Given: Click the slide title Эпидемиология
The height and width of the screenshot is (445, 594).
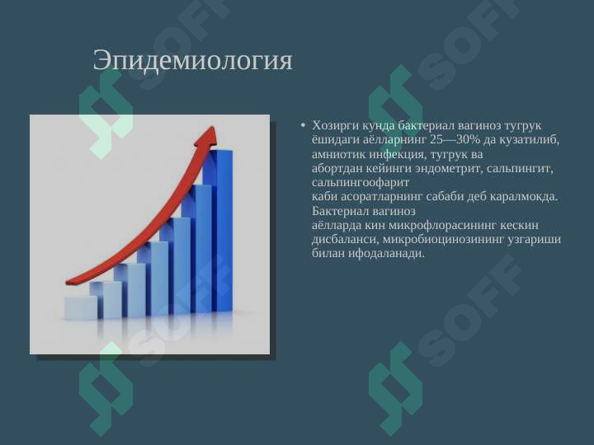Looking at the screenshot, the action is pyautogui.click(x=193, y=60).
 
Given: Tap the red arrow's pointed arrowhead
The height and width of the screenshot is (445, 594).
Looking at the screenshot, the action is pyautogui.click(x=208, y=136).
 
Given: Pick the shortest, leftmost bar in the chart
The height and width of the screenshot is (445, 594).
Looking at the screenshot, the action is pyautogui.click(x=81, y=308).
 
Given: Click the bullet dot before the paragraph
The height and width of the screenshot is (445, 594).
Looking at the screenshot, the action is pyautogui.click(x=303, y=125).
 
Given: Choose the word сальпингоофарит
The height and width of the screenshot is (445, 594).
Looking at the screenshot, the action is pyautogui.click(x=361, y=183).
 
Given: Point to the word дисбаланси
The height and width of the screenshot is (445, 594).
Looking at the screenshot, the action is pyautogui.click(x=345, y=240).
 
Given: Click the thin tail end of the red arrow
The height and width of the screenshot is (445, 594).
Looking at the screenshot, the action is pyautogui.click(x=68, y=282).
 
